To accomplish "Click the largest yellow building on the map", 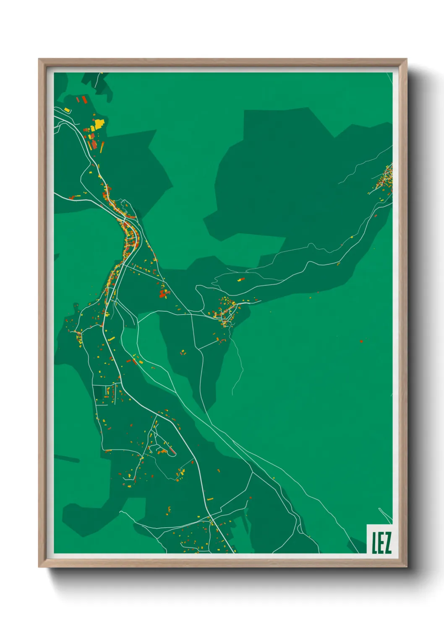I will tap(99, 124).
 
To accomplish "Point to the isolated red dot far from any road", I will tap(361, 341).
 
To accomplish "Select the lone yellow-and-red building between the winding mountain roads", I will tap(241, 279).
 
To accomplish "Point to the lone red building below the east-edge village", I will tap(376, 216).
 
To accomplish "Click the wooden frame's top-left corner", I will tap(39, 59).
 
